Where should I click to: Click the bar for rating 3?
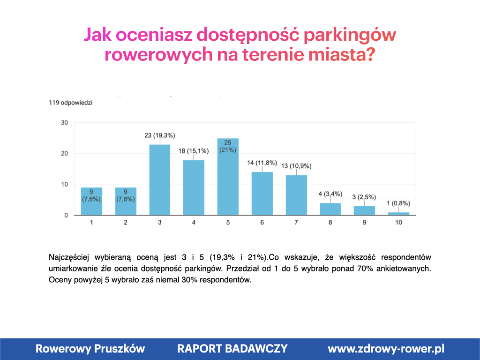pos(159,180)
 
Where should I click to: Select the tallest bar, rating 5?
pos(228,177)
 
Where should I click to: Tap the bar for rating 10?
pos(398,214)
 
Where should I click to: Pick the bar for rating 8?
pos(330,209)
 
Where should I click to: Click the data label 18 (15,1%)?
pos(194,151)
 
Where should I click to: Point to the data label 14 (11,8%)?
pos(262,163)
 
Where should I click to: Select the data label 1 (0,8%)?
pos(398,203)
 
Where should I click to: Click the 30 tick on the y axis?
pos(64,123)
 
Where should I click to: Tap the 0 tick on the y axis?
pos(66,215)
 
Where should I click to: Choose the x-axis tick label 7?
pos(296,223)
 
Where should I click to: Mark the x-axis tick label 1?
pos(91,223)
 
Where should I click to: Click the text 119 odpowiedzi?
pos(70,103)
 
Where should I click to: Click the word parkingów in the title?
pos(350,35)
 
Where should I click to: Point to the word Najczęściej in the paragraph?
pos(68,257)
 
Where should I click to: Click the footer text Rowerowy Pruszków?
pos(90,349)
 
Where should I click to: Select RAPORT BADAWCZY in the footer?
pos(232,349)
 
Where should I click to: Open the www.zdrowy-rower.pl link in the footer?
pos(386,349)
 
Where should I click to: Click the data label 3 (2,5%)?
pos(364,197)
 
